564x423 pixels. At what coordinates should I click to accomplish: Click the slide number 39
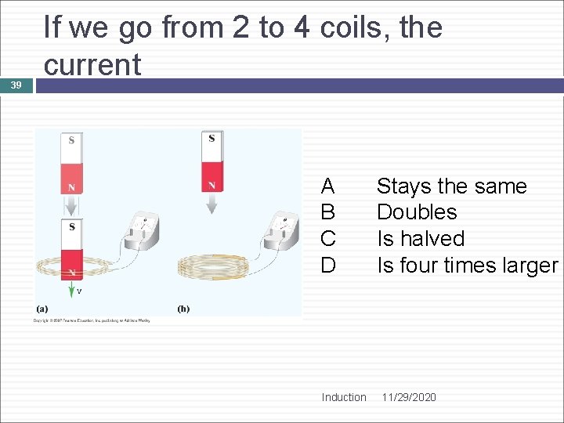pyautogui.click(x=16, y=85)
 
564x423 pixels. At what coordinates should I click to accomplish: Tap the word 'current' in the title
pyautogui.click(x=92, y=64)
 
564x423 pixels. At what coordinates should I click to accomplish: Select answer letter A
pyautogui.click(x=328, y=186)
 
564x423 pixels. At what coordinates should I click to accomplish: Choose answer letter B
pyautogui.click(x=328, y=212)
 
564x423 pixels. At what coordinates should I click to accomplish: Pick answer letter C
pyautogui.click(x=328, y=239)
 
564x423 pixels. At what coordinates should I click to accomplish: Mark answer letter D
pyautogui.click(x=328, y=266)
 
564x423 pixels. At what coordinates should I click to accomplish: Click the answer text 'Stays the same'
pyautogui.click(x=451, y=186)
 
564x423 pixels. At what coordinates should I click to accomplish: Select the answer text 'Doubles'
pyautogui.click(x=417, y=212)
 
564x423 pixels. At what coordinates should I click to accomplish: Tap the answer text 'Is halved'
pyautogui.click(x=421, y=239)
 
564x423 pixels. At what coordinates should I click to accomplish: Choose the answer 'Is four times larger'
pyautogui.click(x=467, y=266)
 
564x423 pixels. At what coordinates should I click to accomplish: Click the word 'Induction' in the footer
pyautogui.click(x=343, y=397)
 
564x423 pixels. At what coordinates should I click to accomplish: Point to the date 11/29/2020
pyautogui.click(x=409, y=397)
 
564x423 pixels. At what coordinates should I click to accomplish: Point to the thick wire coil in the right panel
pyautogui.click(x=214, y=266)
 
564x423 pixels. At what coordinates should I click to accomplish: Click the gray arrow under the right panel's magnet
pyautogui.click(x=211, y=204)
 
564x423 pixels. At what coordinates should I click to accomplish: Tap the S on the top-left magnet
pyautogui.click(x=72, y=141)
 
